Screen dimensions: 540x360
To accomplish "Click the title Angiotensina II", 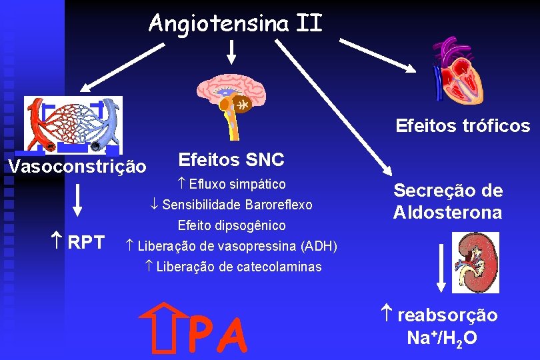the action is (x=235, y=23).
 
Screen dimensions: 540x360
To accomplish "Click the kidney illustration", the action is (x=475, y=261).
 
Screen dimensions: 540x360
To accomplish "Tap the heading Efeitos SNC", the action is (x=231, y=160).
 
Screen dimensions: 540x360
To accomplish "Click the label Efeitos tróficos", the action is (x=463, y=126).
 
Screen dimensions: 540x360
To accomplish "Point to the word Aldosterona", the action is (x=447, y=213).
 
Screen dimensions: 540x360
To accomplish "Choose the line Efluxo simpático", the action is (x=233, y=184).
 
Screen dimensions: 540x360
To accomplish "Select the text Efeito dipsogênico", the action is (x=232, y=225).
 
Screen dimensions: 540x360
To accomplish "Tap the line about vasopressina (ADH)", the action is (x=232, y=246).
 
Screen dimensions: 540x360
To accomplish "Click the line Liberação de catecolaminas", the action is (x=233, y=267).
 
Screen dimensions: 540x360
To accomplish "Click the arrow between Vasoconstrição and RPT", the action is (x=79, y=199).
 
